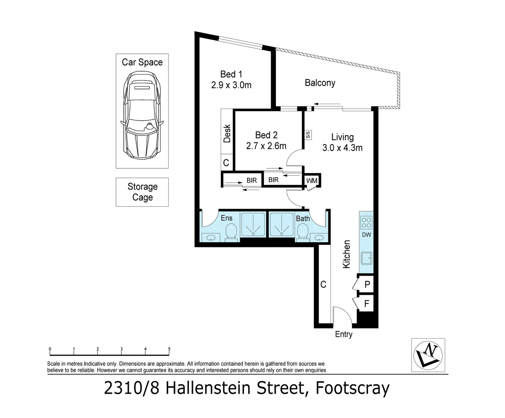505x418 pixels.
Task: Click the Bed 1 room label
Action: click(231, 74)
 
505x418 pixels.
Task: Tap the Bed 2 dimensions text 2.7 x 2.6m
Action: click(266, 146)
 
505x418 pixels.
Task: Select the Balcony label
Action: click(320, 83)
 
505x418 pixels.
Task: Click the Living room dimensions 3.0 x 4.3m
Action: click(342, 147)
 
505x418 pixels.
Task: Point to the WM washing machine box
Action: click(312, 181)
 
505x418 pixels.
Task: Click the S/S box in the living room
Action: click(308, 135)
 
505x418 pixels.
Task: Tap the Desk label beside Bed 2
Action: click(227, 133)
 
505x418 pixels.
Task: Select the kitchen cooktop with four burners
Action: click(366, 222)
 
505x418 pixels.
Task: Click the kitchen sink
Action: click(366, 257)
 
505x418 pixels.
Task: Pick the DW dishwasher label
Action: click(366, 235)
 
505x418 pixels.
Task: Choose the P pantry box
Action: click(367, 284)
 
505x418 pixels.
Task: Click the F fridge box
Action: click(367, 304)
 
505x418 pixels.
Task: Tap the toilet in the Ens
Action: click(231, 232)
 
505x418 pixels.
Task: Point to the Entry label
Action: click(343, 334)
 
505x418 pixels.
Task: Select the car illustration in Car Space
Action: click(142, 118)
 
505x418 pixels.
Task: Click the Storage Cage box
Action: click(142, 192)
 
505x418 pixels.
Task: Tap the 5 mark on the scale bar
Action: click(169, 349)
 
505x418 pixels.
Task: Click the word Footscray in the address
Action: click(352, 388)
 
